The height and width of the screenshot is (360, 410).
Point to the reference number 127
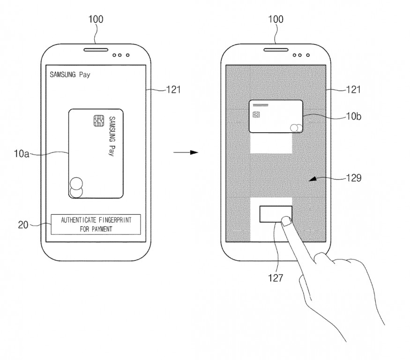coord(275,277)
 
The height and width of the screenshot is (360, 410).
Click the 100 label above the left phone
coord(95,20)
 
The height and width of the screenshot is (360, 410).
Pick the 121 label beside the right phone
coord(352,89)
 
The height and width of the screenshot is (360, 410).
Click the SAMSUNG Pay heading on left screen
coord(70,75)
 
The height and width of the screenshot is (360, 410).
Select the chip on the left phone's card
coord(98,121)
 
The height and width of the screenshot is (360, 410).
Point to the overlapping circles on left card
coord(76,187)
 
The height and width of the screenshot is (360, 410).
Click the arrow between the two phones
coord(186,153)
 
